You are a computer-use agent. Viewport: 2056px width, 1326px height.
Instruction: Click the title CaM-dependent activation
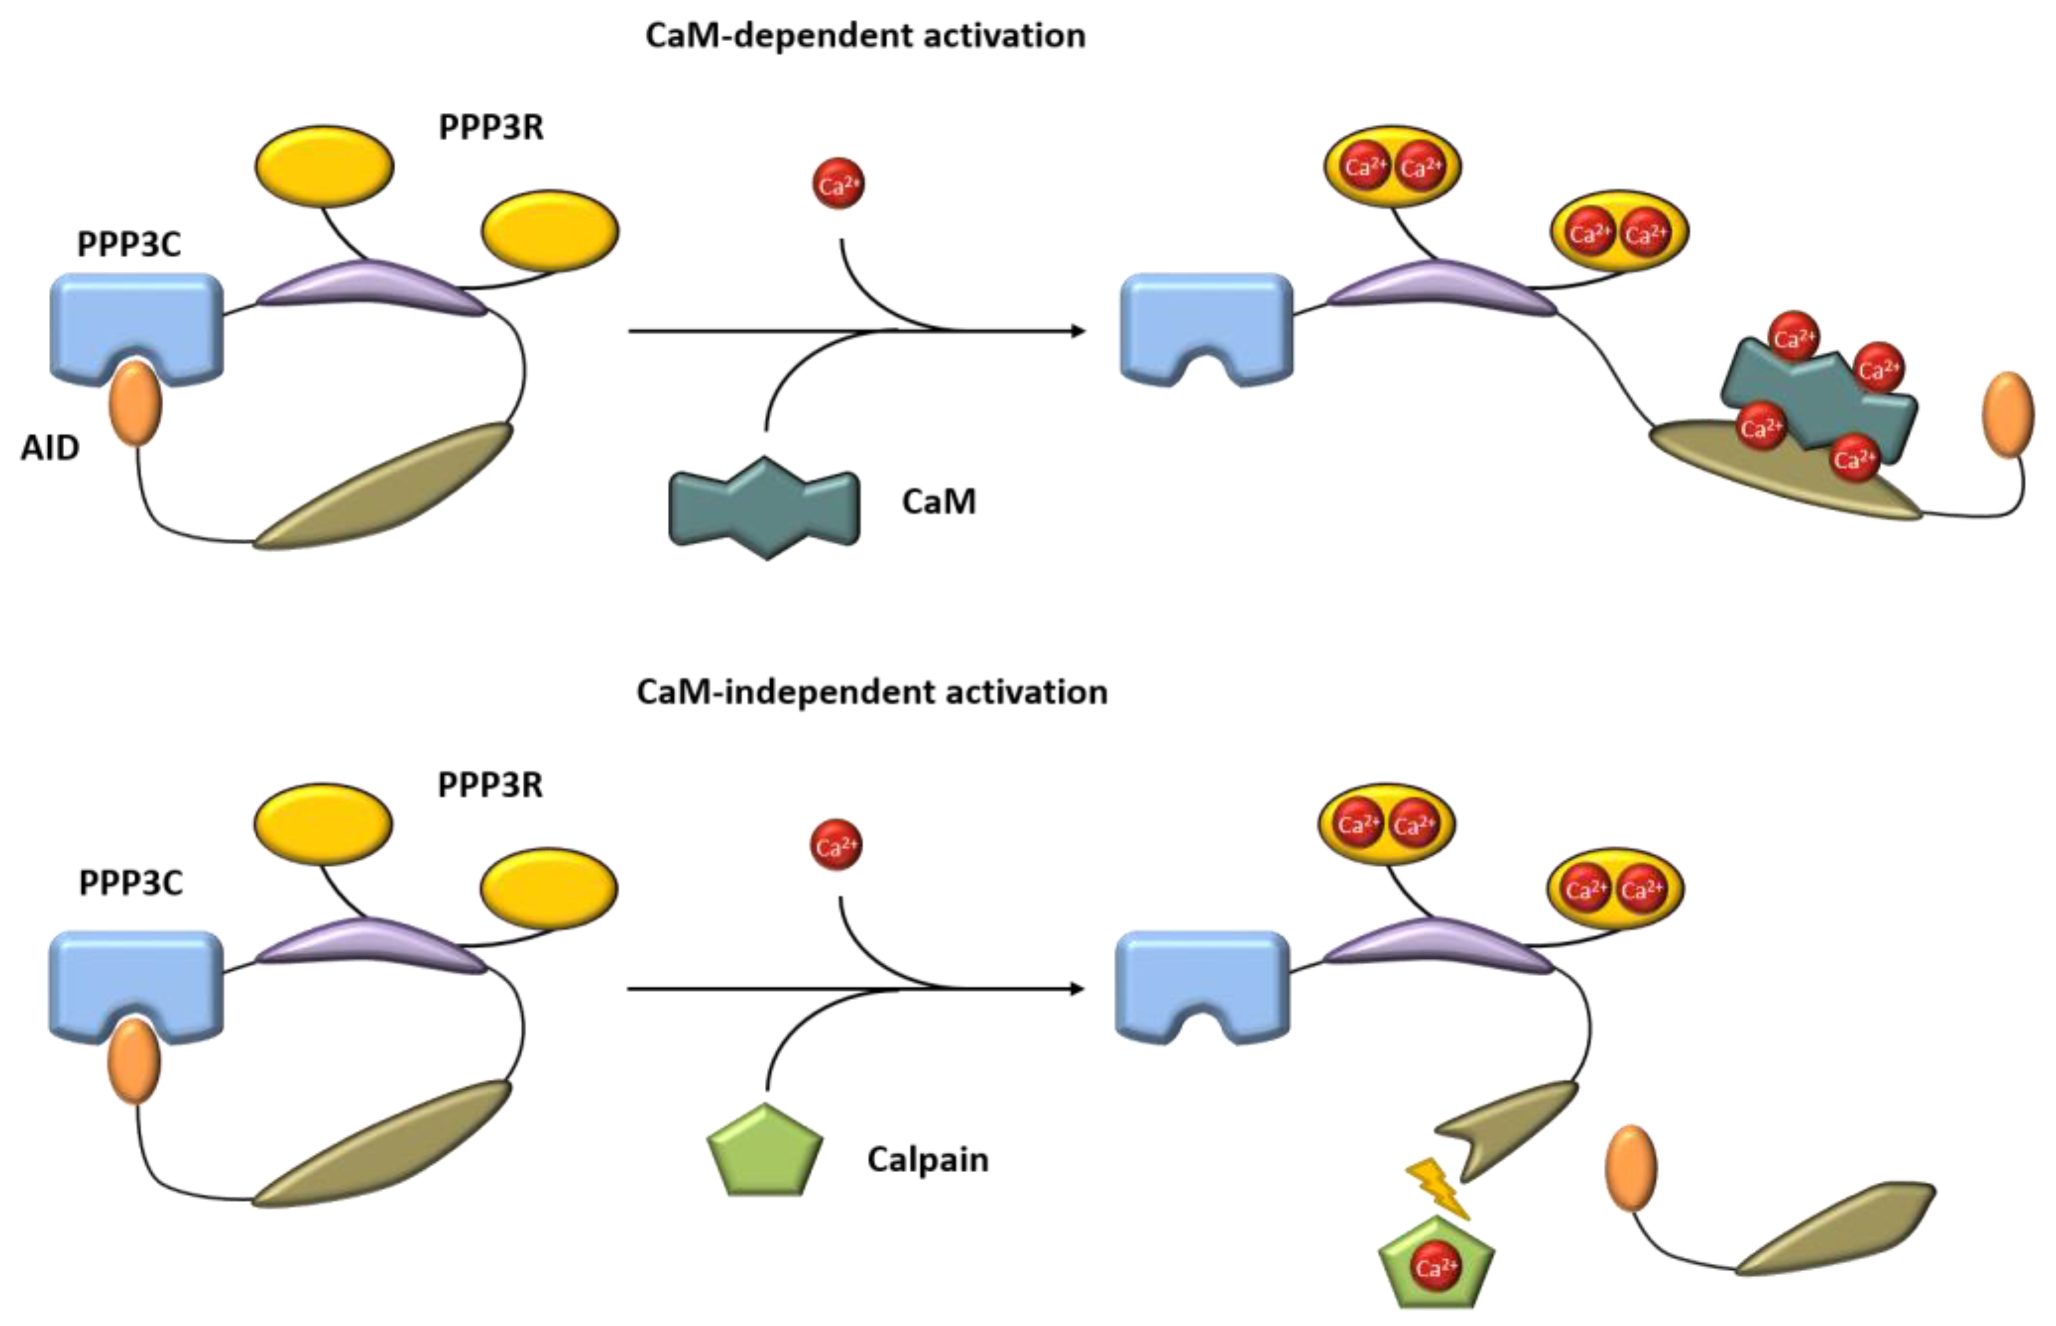865,36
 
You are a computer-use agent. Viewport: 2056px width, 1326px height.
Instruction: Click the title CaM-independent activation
872,692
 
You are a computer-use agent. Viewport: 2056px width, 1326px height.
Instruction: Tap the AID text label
50,448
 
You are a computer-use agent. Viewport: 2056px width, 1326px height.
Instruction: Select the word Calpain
928,1160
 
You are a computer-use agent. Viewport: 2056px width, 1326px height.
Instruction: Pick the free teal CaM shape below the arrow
764,508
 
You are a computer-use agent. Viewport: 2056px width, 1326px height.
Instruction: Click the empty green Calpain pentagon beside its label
765,1154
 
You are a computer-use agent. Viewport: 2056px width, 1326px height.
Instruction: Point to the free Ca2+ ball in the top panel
838,183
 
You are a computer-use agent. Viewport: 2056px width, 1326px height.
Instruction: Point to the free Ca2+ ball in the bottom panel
835,845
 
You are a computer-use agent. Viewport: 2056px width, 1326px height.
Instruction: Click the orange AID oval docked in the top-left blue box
135,404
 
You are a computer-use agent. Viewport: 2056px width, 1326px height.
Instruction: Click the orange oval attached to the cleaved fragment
1631,1168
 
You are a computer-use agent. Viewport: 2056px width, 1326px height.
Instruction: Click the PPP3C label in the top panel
129,244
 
